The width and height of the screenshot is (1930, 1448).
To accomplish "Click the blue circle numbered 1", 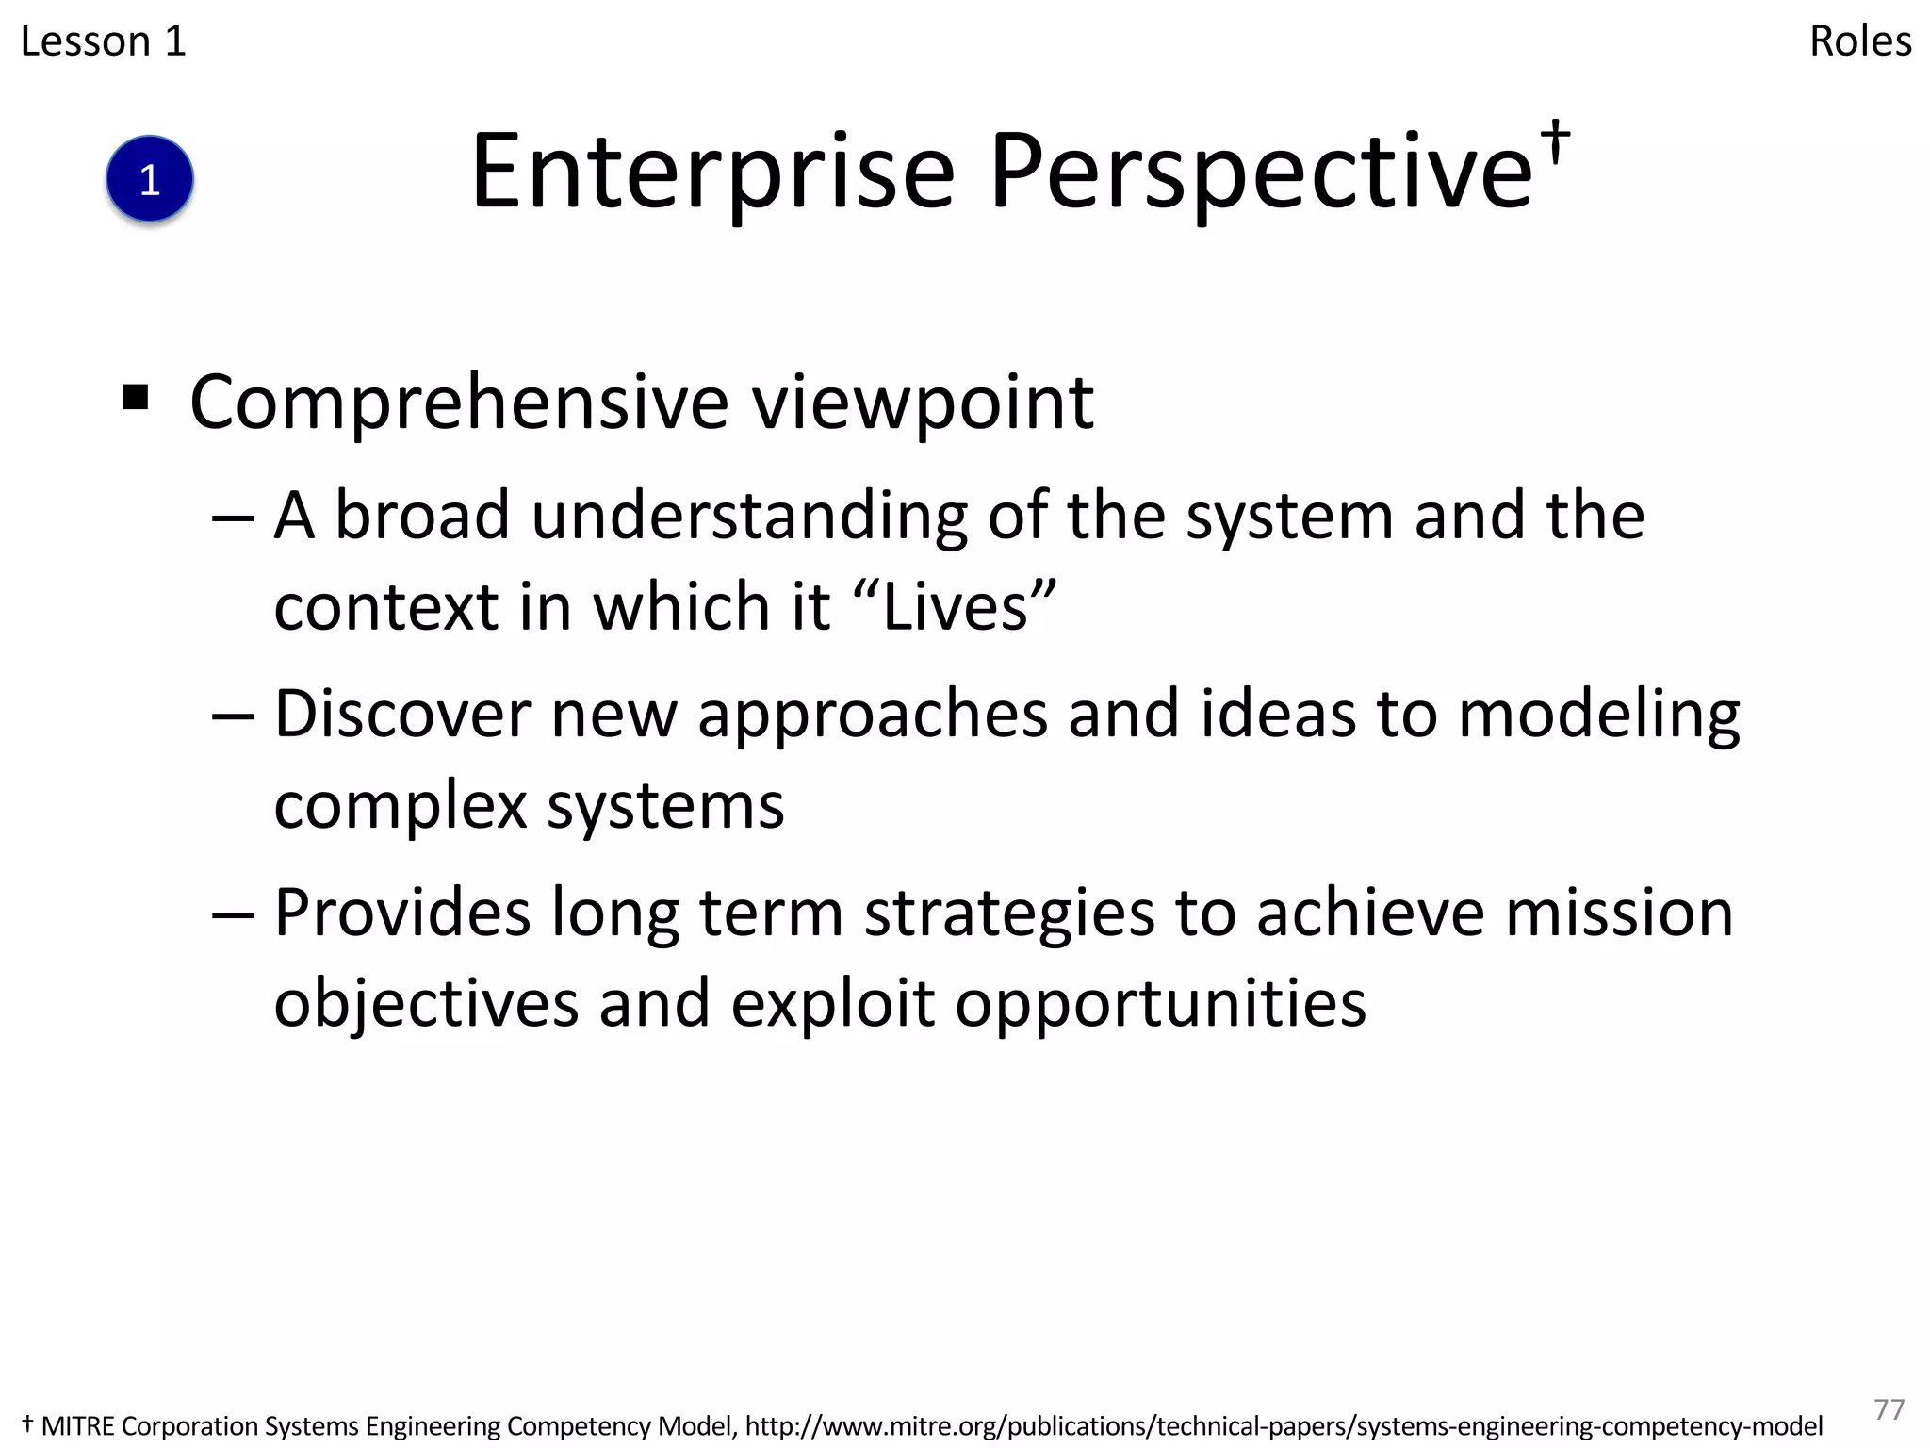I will pyautogui.click(x=149, y=179).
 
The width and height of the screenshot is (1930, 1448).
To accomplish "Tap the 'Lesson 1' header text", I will pyautogui.click(x=103, y=41).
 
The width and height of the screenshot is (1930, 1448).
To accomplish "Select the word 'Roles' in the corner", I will pyautogui.click(x=1859, y=41).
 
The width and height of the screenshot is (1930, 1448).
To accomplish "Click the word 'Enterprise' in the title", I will pyautogui.click(x=712, y=173).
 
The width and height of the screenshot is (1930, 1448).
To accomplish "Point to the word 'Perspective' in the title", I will pyautogui.click(x=1261, y=173).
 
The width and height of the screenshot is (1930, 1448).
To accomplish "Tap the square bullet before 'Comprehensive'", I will pyautogui.click(x=136, y=398).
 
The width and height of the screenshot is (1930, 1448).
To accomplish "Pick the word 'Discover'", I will pyautogui.click(x=401, y=714).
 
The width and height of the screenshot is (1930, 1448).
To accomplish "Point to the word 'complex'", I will pyautogui.click(x=400, y=807).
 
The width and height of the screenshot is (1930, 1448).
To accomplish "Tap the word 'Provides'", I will pyautogui.click(x=401, y=913).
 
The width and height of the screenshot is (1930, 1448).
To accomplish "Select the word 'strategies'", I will pyautogui.click(x=1008, y=914).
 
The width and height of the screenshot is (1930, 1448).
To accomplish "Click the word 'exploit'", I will pyautogui.click(x=832, y=1003).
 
